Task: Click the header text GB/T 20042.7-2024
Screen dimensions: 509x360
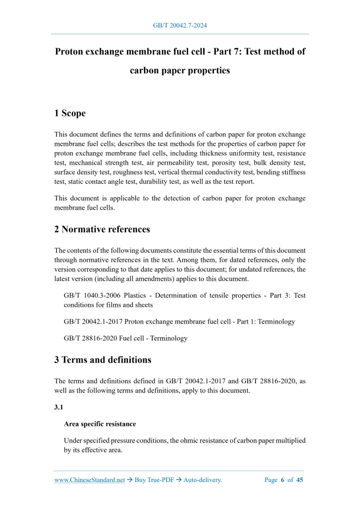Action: [x=180, y=25]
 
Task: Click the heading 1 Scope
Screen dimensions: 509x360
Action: [x=70, y=113]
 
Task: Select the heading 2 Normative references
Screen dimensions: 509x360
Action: [x=102, y=229]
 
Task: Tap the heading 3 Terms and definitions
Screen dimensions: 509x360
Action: [x=102, y=359]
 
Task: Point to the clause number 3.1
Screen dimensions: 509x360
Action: [x=59, y=408]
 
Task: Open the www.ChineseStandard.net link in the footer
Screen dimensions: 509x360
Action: [x=89, y=480]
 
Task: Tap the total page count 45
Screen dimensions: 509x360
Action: [x=300, y=480]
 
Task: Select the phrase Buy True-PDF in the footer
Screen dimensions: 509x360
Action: [x=151, y=480]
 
